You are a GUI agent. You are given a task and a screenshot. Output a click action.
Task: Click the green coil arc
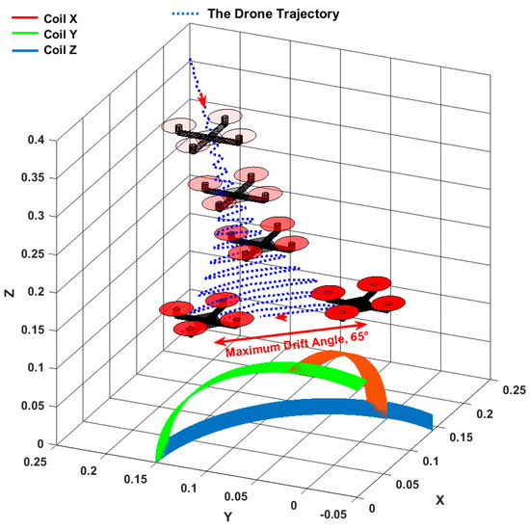[217, 389]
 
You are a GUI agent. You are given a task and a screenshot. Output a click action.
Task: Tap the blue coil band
[289, 413]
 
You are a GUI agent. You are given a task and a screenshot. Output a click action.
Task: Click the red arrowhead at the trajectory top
[203, 101]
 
